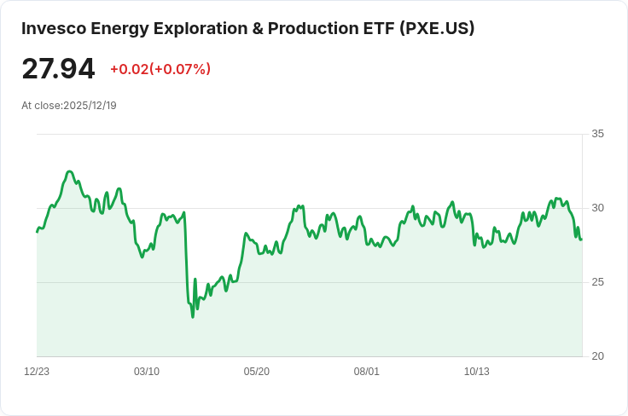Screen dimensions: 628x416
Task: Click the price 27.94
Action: pos(58,69)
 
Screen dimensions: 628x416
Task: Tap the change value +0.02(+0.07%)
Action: pos(160,69)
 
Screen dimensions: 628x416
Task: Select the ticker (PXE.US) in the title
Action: pos(437,28)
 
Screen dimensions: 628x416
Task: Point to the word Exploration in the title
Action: pos(201,28)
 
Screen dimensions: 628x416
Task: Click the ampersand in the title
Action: pos(258,28)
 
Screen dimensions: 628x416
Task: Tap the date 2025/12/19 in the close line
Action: pos(90,106)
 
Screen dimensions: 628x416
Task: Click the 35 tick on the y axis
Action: pos(597,134)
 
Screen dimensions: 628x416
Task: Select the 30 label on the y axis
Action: pos(597,208)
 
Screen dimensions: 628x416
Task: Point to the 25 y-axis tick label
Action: pos(597,282)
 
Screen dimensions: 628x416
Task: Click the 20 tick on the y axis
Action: pos(597,356)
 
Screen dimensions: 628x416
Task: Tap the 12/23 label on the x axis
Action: pos(37,372)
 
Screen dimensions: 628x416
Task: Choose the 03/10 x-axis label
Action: pos(147,372)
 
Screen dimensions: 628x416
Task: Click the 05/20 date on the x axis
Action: pos(256,372)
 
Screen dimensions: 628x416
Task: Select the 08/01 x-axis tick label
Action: pos(366,372)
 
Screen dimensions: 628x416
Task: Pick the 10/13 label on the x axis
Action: pos(477,372)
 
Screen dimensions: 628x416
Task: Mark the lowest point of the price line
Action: pos(193,317)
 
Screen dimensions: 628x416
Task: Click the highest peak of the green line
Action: pos(70,171)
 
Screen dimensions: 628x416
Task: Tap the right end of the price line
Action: pos(582,240)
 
